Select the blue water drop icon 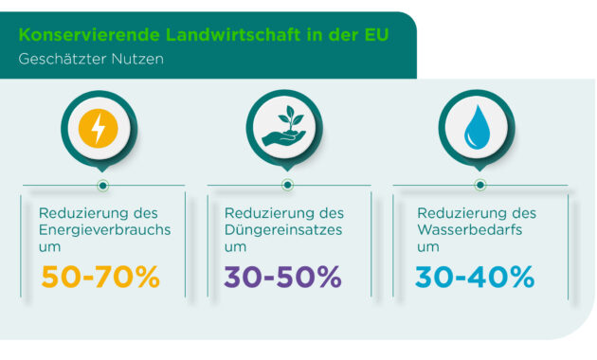pyautogui.click(x=477, y=128)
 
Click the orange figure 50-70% pyautogui.click(x=99, y=277)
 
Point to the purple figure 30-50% pyautogui.click(x=283, y=277)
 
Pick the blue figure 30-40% pyautogui.click(x=476, y=277)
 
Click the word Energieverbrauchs pyautogui.click(x=103, y=229)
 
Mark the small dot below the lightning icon pyautogui.click(x=101, y=185)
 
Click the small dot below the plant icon pyautogui.click(x=287, y=185)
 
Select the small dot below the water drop pyautogui.click(x=479, y=185)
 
